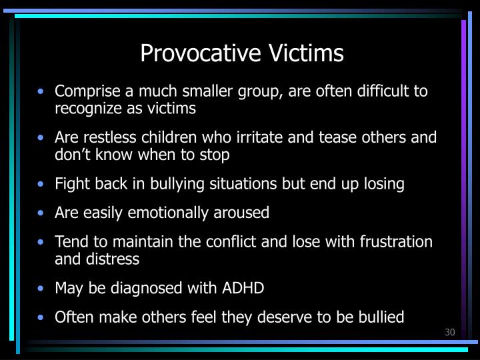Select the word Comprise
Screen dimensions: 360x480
83,91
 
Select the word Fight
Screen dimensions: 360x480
69,184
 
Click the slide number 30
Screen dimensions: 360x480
449,333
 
